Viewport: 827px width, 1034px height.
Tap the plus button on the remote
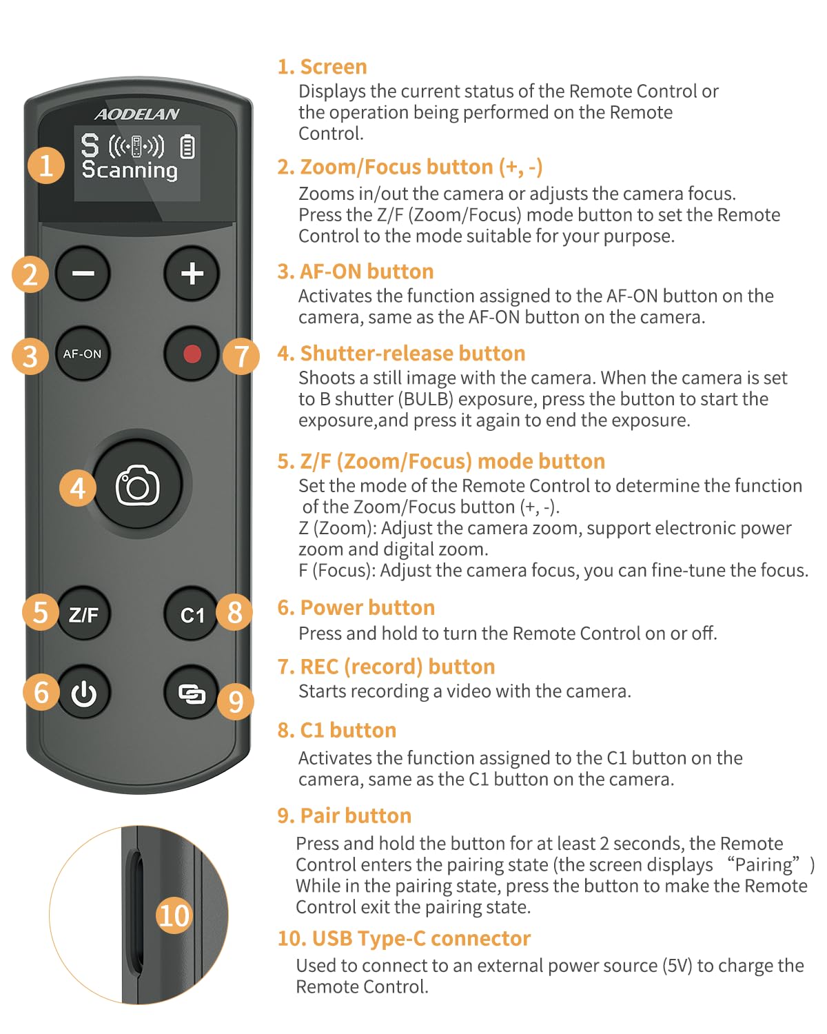pyautogui.click(x=192, y=274)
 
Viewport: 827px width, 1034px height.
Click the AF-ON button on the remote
pyautogui.click(x=83, y=354)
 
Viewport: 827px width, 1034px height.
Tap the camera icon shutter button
pyautogui.click(x=137, y=485)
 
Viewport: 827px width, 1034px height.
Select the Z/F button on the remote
pyautogui.click(x=83, y=614)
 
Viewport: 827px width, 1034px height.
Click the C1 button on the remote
pyautogui.click(x=192, y=614)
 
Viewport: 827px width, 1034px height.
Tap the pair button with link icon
pyautogui.click(x=192, y=692)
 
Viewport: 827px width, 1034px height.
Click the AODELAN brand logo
pyautogui.click(x=137, y=114)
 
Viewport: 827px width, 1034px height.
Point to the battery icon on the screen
pyautogui.click(x=187, y=147)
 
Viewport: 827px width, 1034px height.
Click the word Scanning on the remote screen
pyautogui.click(x=130, y=170)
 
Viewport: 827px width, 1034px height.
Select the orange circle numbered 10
pyautogui.click(x=174, y=915)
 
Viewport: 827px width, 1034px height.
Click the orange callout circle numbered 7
pyautogui.click(x=241, y=356)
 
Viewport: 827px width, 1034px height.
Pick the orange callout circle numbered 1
pyautogui.click(x=46, y=165)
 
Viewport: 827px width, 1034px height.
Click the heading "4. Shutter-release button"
pyautogui.click(x=401, y=354)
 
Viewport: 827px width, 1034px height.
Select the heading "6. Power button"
pyautogui.click(x=356, y=608)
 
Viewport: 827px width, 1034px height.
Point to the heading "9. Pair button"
pyautogui.click(x=344, y=816)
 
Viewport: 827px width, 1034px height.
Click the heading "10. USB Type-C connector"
pyautogui.click(x=404, y=938)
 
